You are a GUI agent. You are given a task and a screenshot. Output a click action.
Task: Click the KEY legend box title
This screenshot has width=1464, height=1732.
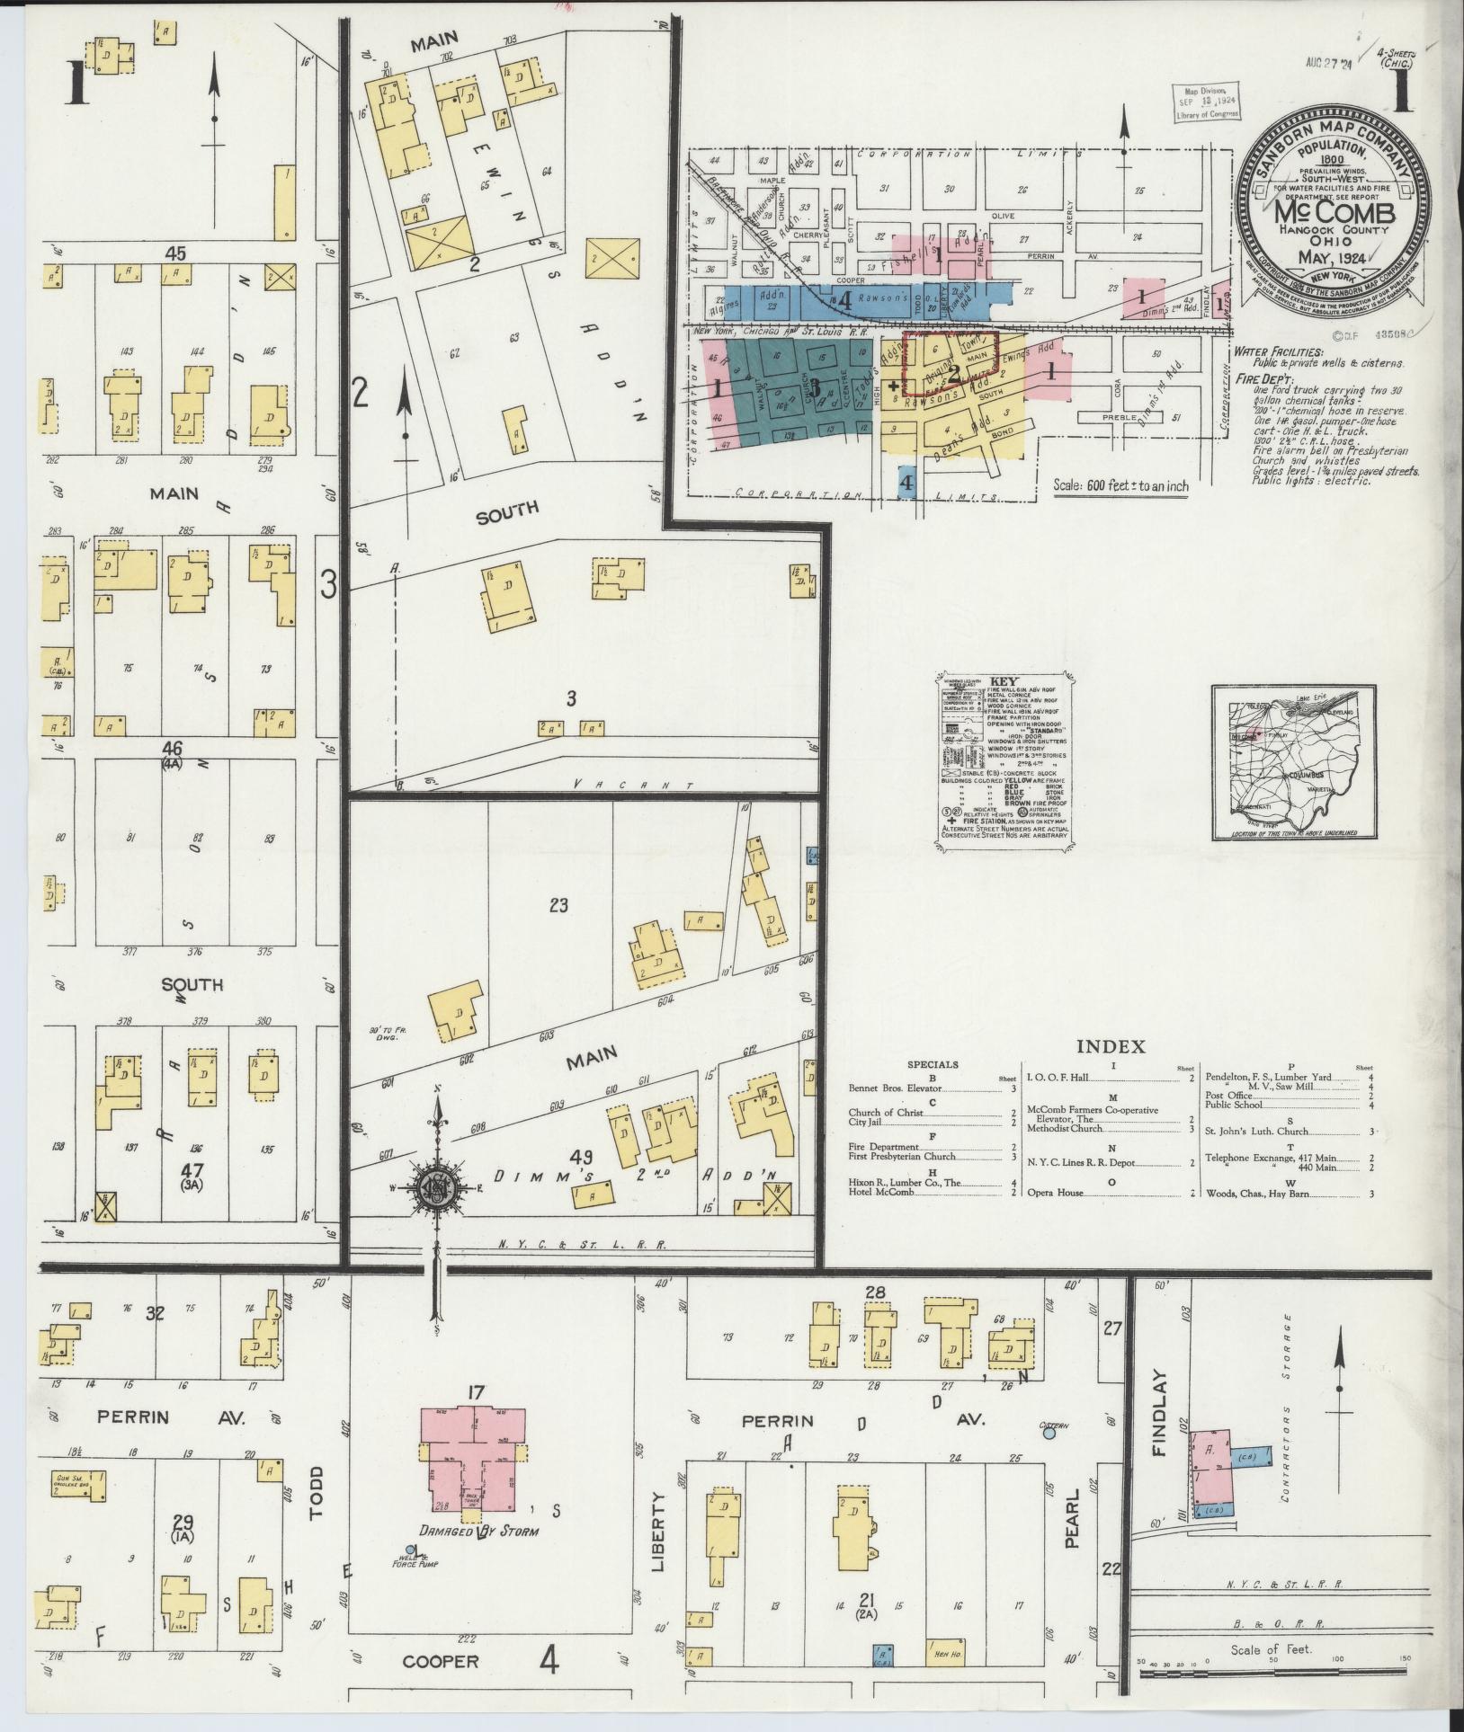point(1003,682)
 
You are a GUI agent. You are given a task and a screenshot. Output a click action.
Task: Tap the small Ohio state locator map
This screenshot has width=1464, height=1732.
point(1294,762)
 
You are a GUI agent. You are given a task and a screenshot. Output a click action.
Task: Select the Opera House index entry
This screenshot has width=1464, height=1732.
point(1058,1193)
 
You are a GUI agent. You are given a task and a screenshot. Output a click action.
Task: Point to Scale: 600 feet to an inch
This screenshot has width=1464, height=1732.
point(1120,486)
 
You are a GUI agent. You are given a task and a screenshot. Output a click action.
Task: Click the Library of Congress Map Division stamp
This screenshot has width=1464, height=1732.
point(1208,102)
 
